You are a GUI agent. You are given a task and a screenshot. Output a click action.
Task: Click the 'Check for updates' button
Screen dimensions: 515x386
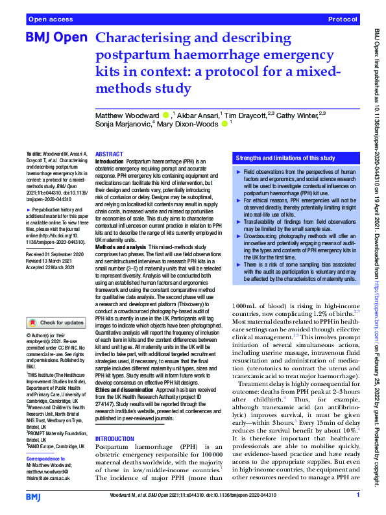coord(57,322)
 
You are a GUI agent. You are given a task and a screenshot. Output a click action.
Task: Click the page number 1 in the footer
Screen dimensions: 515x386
coord(358,495)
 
